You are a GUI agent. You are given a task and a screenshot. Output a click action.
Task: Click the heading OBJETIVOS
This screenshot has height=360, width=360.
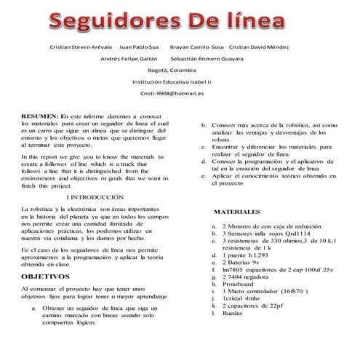(x=45, y=277)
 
